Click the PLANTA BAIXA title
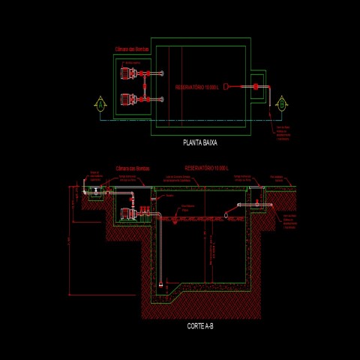tap(200, 141)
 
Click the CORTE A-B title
tap(199, 327)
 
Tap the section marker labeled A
tap(98, 104)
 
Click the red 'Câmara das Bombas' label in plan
tap(131, 49)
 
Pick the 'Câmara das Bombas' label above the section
tap(133, 169)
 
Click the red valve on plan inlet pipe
tap(255, 86)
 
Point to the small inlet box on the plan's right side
tap(257, 86)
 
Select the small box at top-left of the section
tap(96, 193)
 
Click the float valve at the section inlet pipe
tap(259, 203)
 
